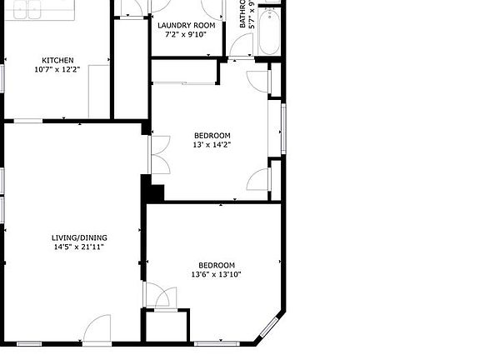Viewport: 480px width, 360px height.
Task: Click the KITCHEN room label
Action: tap(57, 60)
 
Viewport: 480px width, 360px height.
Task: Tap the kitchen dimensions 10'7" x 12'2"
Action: tap(57, 70)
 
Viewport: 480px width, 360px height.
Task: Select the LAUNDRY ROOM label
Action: tap(187, 26)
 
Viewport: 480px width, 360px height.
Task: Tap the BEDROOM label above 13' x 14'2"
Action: tap(212, 135)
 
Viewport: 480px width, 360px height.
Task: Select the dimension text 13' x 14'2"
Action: tap(212, 145)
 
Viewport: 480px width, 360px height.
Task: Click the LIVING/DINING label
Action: tap(78, 237)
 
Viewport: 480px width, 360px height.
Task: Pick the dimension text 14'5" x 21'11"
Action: tap(78, 247)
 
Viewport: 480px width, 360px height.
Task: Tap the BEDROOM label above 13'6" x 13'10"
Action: tap(216, 265)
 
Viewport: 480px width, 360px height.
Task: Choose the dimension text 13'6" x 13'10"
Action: tap(216, 275)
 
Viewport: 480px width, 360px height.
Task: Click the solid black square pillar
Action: tap(153, 190)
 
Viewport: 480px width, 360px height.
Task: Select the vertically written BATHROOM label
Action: tap(245, 17)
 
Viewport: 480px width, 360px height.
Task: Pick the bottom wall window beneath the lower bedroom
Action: tap(216, 342)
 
